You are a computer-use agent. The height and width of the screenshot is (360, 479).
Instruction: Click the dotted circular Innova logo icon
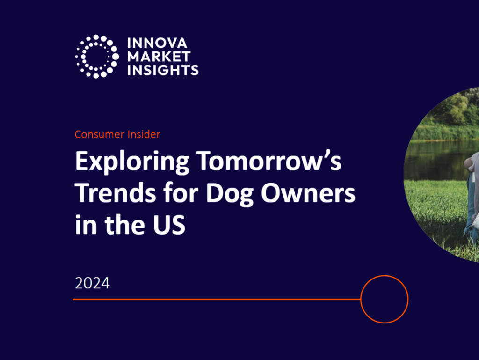(97, 56)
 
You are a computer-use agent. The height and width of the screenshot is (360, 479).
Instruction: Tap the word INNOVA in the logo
(157, 44)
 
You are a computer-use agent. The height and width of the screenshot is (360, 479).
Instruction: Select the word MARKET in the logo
(159, 57)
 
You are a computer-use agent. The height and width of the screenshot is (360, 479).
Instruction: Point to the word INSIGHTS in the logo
(163, 70)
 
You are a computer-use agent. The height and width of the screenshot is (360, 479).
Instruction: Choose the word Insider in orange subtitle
(143, 134)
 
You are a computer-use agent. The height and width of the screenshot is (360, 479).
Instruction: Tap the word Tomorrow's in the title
(269, 162)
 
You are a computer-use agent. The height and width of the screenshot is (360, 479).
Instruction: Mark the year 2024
(92, 283)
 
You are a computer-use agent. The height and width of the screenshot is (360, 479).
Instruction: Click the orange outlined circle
(385, 299)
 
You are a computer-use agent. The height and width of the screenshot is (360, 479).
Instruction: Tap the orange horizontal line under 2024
(215, 299)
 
